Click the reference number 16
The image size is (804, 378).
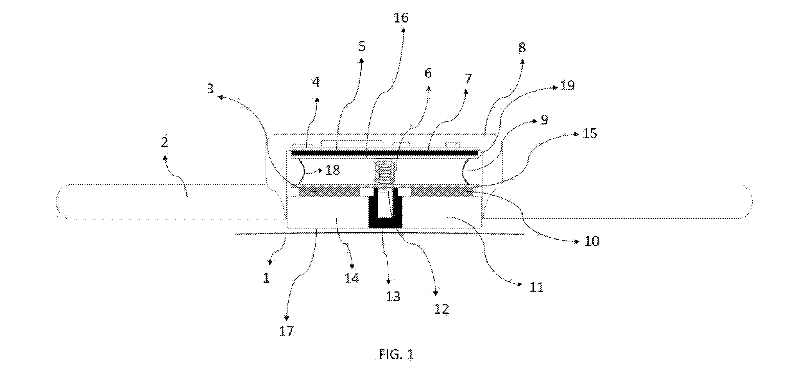coord(401,18)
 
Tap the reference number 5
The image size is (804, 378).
coord(361,46)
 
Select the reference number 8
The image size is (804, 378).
coord(522,47)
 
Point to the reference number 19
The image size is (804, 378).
coord(567,85)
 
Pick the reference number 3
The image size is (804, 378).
coord(210,88)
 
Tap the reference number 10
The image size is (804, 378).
coord(592,241)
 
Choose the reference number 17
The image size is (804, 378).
coord(286,331)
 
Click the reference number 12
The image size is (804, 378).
coord(441,309)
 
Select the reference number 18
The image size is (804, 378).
coord(332,170)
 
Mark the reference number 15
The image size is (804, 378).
coord(590,133)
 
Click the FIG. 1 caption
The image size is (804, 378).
coord(397,354)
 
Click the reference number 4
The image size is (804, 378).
coord(316,82)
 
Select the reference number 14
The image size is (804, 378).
coord(352,278)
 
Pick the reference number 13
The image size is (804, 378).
coord(393,296)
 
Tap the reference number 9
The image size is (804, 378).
coord(544,119)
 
